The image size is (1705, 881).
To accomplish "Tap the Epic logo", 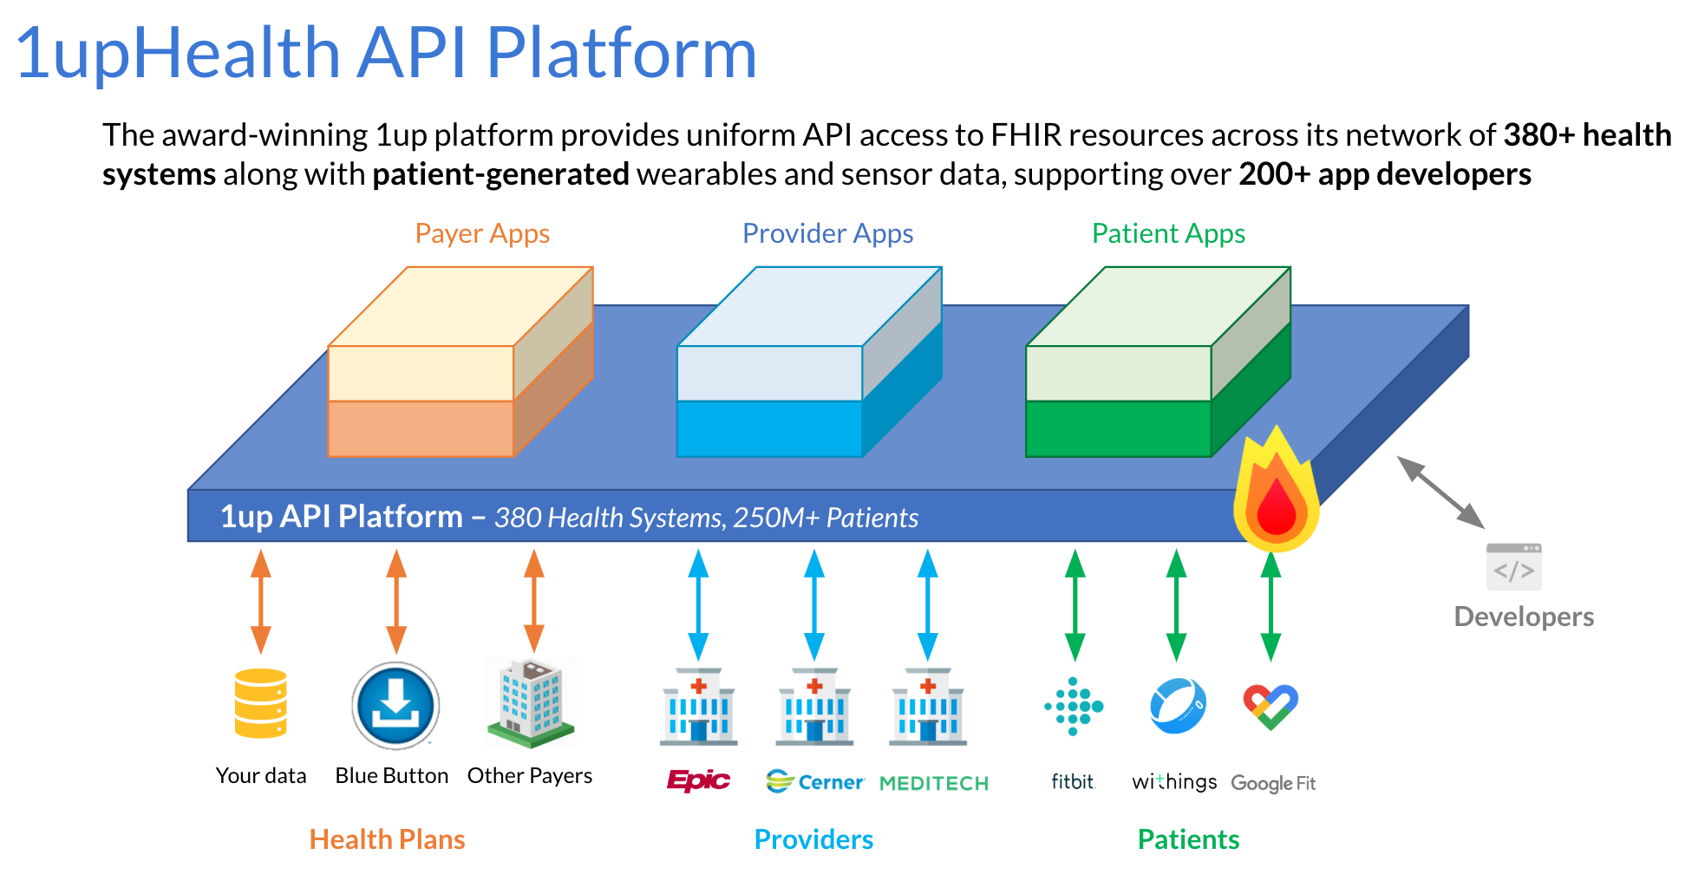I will (698, 780).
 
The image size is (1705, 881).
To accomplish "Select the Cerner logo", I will (815, 782).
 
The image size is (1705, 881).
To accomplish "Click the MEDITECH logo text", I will (934, 783).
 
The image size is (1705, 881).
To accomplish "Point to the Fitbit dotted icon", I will (1074, 706).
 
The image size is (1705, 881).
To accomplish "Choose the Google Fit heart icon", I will (1271, 706).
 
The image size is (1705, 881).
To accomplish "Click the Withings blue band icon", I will (1177, 706).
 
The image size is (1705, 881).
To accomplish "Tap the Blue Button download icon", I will (395, 706).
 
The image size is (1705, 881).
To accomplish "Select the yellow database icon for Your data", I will (261, 703).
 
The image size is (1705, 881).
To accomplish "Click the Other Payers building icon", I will (531, 703).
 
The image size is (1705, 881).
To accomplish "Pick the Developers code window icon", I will (1513, 566).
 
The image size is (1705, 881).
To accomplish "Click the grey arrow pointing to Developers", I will (1440, 492).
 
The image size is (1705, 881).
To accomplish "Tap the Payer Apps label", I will (482, 233).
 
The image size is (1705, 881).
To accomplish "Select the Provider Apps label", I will (827, 233).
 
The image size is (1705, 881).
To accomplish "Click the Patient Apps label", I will (1168, 233).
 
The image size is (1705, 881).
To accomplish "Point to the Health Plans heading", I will (387, 839).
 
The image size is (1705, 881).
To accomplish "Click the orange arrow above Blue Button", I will (396, 602).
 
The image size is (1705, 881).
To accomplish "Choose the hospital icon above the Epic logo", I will (698, 706).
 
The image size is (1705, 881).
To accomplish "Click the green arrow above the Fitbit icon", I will (1075, 604).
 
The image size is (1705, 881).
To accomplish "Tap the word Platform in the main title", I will (621, 54).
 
